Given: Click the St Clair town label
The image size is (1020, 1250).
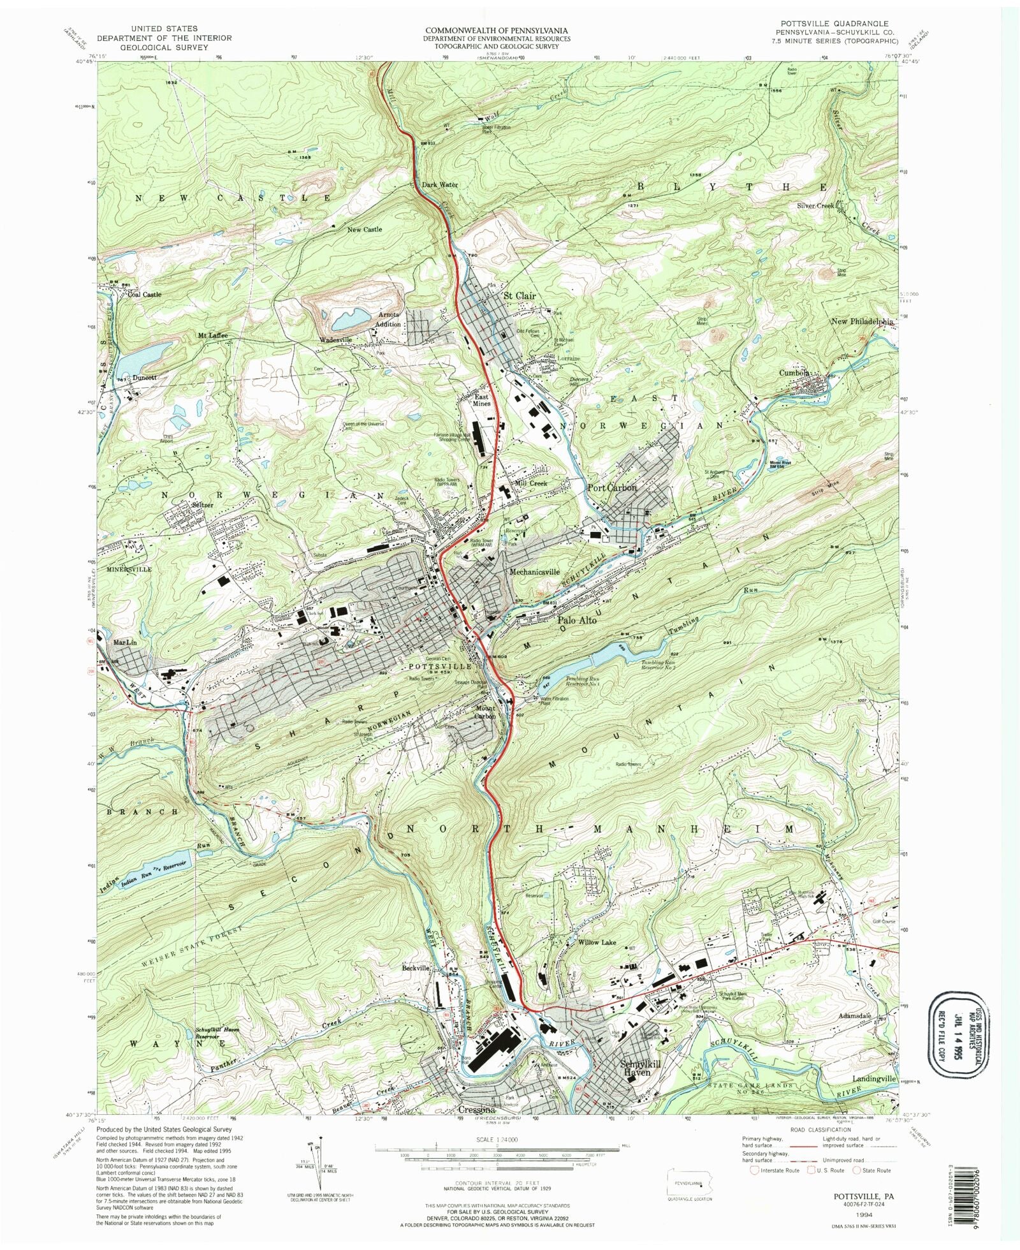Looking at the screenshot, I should point(520,297).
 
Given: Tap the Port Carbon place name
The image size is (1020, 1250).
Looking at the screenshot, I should point(611,487).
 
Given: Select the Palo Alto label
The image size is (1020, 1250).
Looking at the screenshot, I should point(577,620).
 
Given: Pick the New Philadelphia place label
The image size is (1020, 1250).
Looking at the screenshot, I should point(862,322).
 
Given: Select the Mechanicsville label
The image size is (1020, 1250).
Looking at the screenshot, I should point(534,572).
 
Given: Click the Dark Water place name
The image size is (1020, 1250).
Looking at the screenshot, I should point(440,185).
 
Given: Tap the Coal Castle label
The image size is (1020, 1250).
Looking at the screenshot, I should point(144,295).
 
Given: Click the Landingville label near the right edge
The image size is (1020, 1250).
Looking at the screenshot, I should point(874,1078).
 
